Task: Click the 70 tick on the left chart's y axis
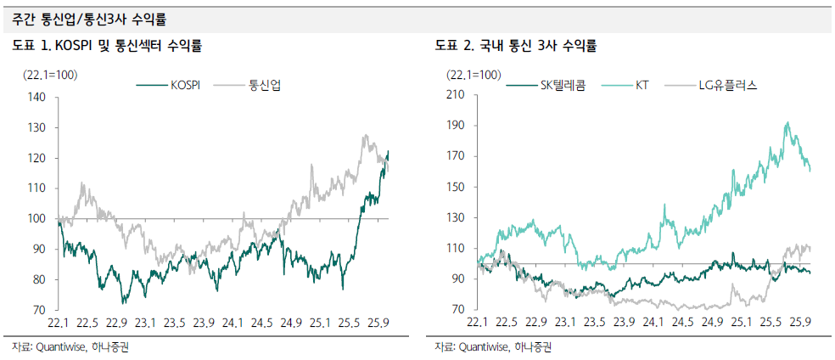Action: (x=38, y=310)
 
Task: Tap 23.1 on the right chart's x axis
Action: (x=565, y=323)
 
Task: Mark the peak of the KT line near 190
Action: (x=787, y=123)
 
